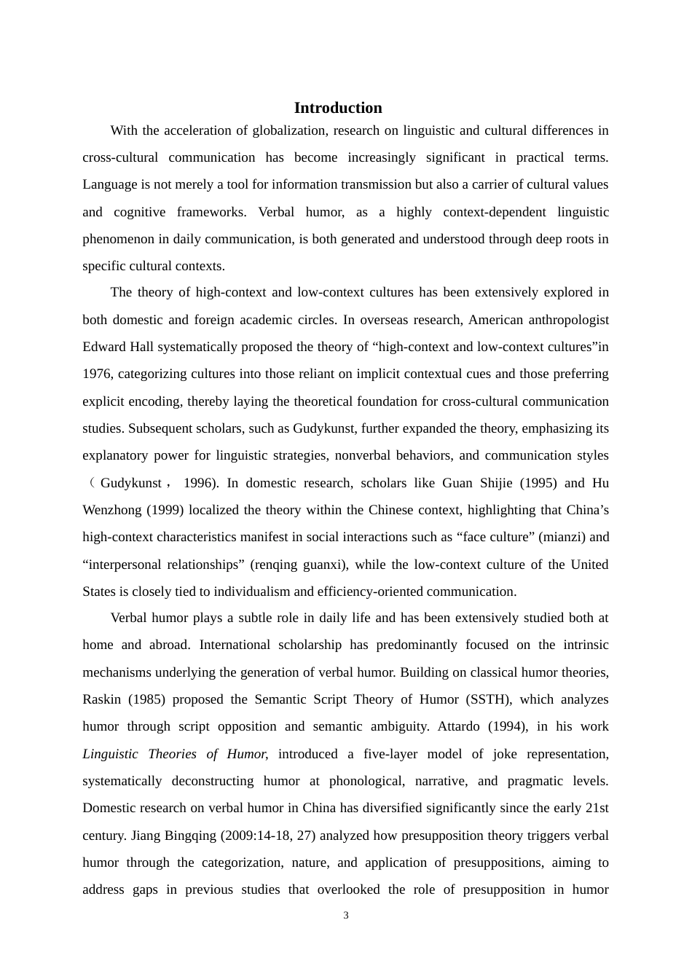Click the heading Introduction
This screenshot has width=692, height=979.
pos(338,108)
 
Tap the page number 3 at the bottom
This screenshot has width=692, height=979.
pos(346,916)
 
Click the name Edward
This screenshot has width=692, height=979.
pos(103,347)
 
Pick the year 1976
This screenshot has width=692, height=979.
pos(97,374)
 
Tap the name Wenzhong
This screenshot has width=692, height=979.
pos(112,510)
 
